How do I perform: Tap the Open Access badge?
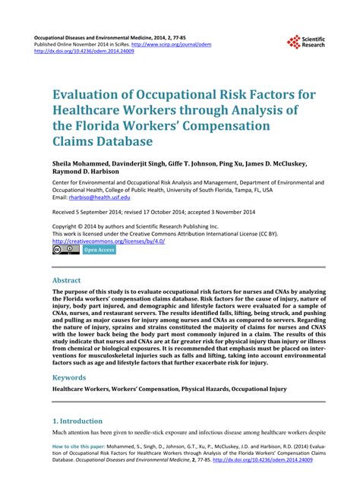[x=99, y=228]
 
